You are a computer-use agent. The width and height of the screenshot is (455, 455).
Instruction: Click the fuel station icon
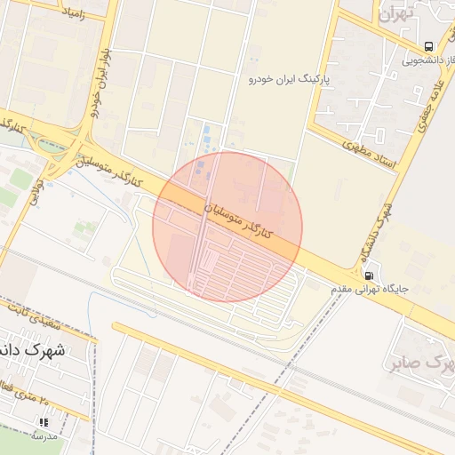point(369,275)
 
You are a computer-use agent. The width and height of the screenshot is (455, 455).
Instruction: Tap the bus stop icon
point(429,46)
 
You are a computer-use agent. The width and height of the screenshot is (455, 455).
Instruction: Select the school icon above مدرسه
point(42,423)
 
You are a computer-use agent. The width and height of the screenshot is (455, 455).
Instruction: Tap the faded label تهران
point(397,15)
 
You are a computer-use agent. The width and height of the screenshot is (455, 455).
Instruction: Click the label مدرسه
point(43,436)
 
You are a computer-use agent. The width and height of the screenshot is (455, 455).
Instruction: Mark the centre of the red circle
point(227,227)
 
